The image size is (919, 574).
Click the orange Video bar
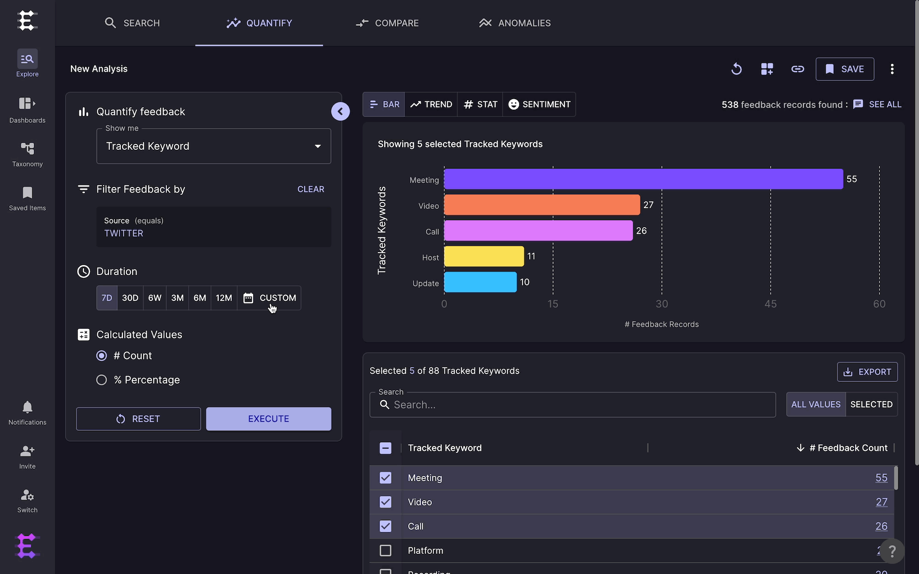542,205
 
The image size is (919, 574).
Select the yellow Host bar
484,256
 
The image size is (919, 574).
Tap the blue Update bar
480,282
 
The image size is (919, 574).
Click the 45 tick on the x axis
771,304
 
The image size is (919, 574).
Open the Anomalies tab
515,23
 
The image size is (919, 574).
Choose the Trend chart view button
431,105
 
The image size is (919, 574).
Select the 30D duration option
130,298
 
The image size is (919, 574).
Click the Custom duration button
269,298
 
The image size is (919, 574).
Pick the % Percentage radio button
102,380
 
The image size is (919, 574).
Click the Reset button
138,419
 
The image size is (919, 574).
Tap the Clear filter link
311,189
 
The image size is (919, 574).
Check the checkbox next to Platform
386,551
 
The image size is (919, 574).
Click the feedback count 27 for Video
881,502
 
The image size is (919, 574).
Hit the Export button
868,372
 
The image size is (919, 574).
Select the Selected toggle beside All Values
871,405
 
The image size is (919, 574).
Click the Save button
845,69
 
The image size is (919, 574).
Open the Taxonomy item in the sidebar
28,154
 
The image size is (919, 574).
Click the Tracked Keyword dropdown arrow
318,146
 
